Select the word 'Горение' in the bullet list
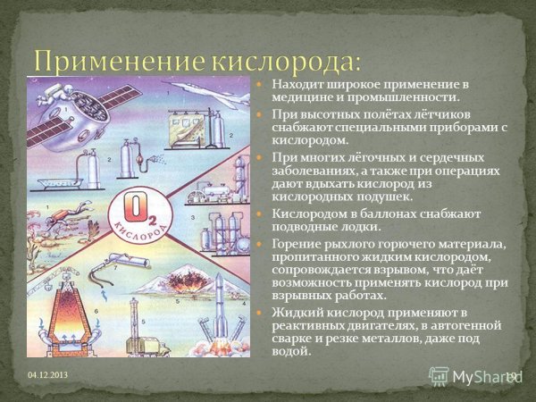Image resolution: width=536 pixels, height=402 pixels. tap(295, 245)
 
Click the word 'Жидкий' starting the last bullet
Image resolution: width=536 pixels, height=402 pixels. tap(294, 311)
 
